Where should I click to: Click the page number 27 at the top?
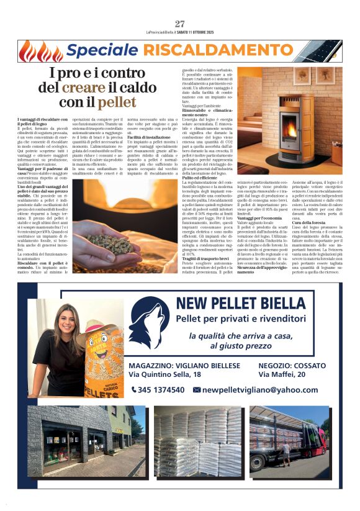[x=179, y=24]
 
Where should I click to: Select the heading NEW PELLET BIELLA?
[x=248, y=303]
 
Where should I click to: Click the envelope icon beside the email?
[x=197, y=389]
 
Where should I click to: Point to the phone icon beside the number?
[x=134, y=389]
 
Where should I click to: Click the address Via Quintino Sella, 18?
[x=164, y=374]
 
